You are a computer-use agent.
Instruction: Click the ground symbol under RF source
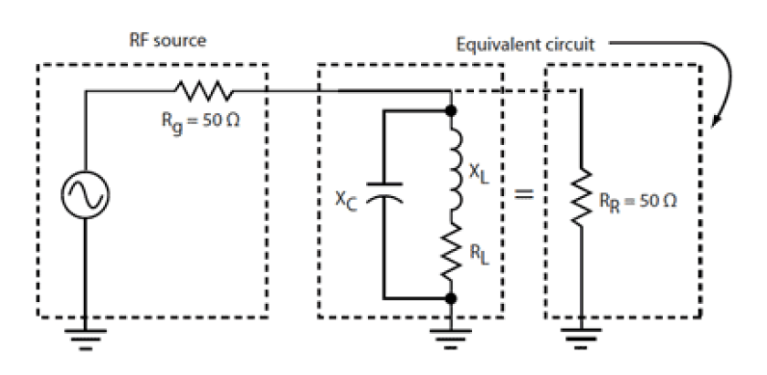(x=88, y=334)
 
